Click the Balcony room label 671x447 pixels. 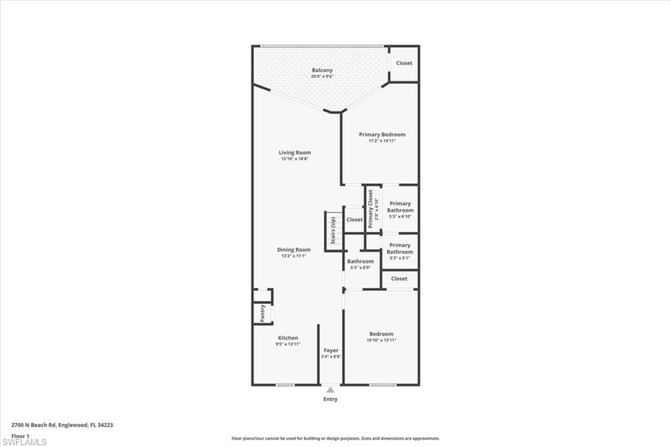pyautogui.click(x=322, y=71)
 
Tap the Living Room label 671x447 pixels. pyautogui.click(x=294, y=153)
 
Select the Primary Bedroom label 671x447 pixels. pyautogui.click(x=382, y=135)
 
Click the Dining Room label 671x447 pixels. pyautogui.click(x=294, y=250)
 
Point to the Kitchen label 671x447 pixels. pyautogui.click(x=288, y=338)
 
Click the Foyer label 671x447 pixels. pyautogui.click(x=330, y=351)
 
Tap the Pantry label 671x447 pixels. pyautogui.click(x=262, y=314)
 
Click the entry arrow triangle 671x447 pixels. pyautogui.click(x=330, y=390)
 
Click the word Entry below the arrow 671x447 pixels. pyautogui.click(x=330, y=399)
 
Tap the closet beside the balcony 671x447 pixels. pyautogui.click(x=404, y=63)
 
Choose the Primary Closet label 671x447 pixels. pyautogui.click(x=371, y=208)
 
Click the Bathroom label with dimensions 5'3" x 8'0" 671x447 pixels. pyautogui.click(x=360, y=262)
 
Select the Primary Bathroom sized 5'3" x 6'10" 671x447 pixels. pyautogui.click(x=400, y=207)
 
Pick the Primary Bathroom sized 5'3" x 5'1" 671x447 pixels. pyautogui.click(x=400, y=248)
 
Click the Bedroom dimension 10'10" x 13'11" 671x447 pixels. pyautogui.click(x=381, y=340)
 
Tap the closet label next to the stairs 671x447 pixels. pyautogui.click(x=355, y=220)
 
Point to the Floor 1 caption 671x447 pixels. pyautogui.click(x=20, y=435)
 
